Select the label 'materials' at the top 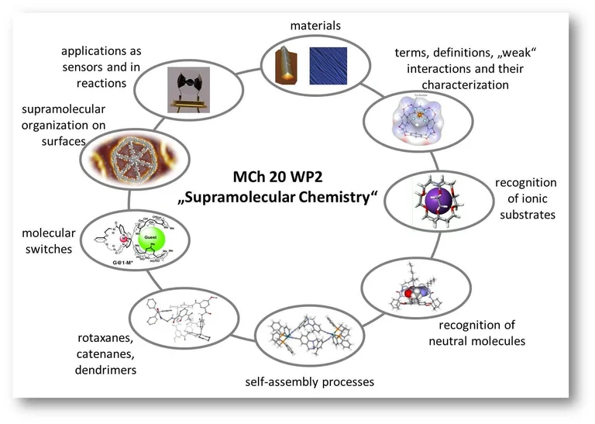tap(315, 26)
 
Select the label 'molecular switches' tap(48, 241)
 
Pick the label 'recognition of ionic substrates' tap(526, 198)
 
